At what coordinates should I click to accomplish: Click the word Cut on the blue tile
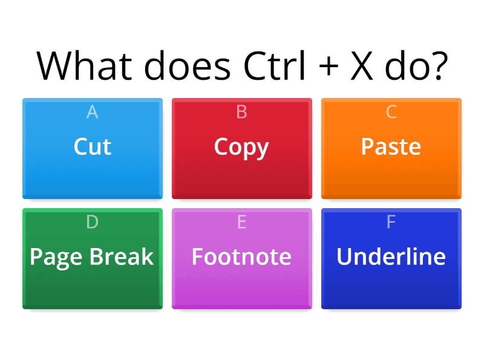(x=93, y=146)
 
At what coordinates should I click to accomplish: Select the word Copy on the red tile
(x=241, y=148)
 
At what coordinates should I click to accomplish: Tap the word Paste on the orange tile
(x=391, y=146)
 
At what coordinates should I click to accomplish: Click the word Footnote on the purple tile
(x=241, y=256)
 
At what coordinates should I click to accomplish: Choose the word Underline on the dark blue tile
(x=391, y=256)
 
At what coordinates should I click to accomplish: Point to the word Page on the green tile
(x=56, y=258)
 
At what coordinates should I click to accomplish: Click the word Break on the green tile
(x=122, y=256)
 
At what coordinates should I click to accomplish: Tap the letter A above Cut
(x=93, y=112)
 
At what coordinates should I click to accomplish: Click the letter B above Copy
(x=241, y=112)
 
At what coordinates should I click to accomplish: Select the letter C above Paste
(x=391, y=112)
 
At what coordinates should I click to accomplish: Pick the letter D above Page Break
(x=93, y=221)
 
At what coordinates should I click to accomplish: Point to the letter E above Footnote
(x=241, y=221)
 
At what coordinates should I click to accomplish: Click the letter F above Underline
(x=391, y=221)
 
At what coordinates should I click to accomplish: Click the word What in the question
(x=84, y=66)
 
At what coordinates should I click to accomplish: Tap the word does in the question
(x=188, y=66)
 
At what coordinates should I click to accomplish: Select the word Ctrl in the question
(x=275, y=65)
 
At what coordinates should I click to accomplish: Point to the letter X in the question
(x=362, y=66)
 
